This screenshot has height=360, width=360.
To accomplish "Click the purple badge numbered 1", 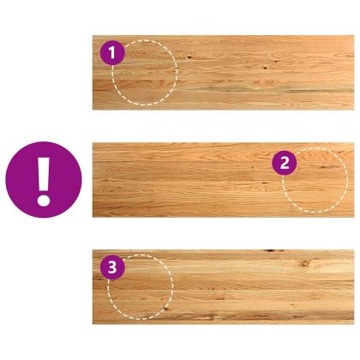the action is tap(112, 53).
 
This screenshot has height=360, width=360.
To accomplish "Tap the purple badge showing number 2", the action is tap(285, 163).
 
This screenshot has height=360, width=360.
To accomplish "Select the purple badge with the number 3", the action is tap(112, 267).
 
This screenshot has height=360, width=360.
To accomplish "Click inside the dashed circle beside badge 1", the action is tap(145, 73).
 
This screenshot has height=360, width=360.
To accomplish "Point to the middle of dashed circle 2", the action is tap(315, 180).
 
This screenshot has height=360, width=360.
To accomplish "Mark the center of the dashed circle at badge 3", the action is tap(141, 287).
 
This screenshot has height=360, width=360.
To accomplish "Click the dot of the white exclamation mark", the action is tap(44, 200).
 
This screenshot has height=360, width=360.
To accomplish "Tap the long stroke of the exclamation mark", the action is tap(44, 174).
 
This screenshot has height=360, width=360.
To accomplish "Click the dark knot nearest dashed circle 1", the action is tap(189, 57).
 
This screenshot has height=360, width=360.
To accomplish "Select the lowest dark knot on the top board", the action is tap(265, 68).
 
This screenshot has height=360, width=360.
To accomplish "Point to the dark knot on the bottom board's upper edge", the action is tap(273, 251).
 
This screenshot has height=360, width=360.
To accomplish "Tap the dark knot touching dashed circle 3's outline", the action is tap(165, 308).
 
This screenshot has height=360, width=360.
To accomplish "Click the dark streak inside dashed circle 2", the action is tap(324, 167).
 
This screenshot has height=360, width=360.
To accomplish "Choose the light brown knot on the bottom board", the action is tap(306, 263).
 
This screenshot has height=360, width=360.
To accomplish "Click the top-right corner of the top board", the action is tap(354, 36).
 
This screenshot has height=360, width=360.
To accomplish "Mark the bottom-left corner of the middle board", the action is tap(93, 217).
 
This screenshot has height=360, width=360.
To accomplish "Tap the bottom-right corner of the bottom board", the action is tap(354, 324).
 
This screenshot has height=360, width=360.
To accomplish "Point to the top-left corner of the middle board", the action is tap(93, 143).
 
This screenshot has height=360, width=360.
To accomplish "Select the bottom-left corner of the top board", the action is tap(93, 110).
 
